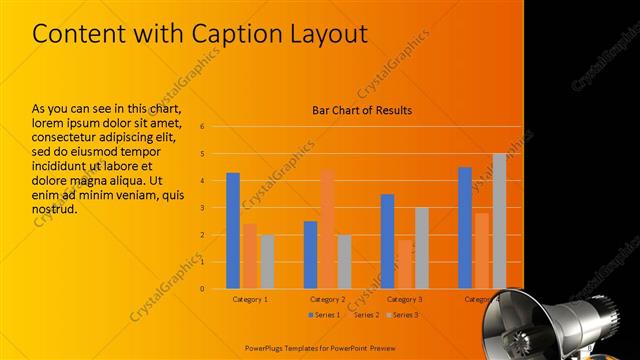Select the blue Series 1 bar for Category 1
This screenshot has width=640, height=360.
233,230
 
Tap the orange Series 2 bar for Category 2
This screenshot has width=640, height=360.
327,228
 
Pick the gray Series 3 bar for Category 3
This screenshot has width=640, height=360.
421,248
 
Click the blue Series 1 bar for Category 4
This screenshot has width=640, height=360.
465,228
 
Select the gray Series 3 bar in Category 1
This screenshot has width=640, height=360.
267,262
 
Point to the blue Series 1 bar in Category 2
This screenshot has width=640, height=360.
310,255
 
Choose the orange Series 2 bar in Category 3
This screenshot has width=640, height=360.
404,264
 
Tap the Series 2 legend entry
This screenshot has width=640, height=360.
363,315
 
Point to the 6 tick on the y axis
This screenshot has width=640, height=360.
202,127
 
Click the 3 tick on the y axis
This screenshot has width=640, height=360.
202,208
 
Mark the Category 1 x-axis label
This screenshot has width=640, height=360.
250,299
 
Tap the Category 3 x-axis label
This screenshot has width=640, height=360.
404,299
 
